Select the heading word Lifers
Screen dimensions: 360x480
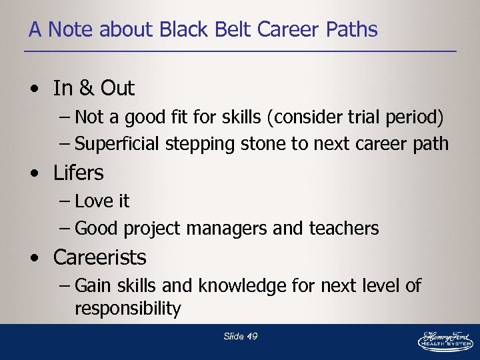point(79,173)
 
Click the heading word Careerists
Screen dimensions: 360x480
point(100,257)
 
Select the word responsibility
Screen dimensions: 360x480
point(128,309)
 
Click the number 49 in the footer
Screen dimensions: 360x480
point(251,337)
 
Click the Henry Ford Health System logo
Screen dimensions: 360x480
point(445,340)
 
